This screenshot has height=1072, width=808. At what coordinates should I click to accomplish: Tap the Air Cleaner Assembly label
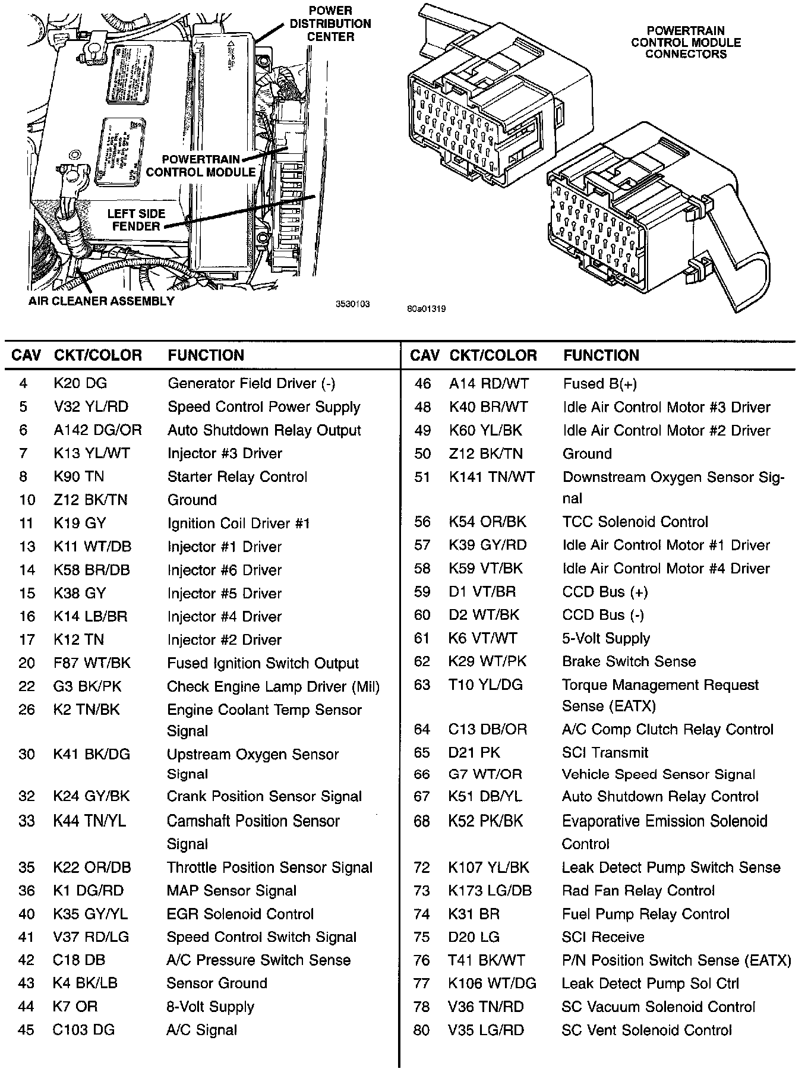102,301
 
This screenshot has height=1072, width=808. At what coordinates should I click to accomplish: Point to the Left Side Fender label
136,220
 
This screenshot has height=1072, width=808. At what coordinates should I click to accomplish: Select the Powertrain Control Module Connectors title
686,42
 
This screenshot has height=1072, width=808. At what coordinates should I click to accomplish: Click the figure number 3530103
353,304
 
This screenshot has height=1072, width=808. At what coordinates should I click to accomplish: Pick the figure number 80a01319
427,308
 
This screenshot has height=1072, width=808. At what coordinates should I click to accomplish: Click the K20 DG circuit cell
80,383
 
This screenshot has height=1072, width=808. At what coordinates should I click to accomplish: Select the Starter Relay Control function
237,477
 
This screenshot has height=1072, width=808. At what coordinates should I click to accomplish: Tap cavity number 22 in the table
27,686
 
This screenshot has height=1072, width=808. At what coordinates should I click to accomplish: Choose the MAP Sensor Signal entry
231,891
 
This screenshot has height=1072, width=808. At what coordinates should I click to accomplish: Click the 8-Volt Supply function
210,1007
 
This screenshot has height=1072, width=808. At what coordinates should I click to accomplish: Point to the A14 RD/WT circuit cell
488,384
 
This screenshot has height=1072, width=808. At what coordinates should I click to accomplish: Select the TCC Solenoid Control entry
635,522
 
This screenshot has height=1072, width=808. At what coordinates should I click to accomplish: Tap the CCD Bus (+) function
605,592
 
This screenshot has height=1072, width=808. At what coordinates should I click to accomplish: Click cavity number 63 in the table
422,685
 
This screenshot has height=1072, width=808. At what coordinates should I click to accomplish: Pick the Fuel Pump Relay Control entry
645,914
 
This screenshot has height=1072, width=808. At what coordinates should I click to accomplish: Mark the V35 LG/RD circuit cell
486,1030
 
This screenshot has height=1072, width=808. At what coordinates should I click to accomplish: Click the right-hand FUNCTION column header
601,355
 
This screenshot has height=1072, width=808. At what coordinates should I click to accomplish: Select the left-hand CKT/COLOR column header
98,355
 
